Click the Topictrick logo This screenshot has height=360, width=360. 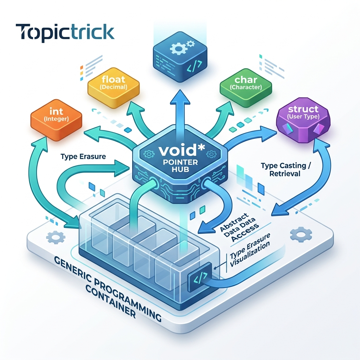pos(65,33)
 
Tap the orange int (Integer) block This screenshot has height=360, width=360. pos(56,120)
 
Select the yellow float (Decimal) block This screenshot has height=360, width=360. pos(114,88)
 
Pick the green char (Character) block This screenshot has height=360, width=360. pos(246,88)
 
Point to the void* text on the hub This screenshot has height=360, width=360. pos(181,150)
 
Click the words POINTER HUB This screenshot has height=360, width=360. pos(180,166)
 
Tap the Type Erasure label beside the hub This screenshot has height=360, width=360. pos(83,156)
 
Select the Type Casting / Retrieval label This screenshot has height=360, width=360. pos(285,169)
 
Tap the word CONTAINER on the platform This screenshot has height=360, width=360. pos(110,303)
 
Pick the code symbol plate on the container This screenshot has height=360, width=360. pos(200,278)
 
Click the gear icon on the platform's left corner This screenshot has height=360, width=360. pos(56,237)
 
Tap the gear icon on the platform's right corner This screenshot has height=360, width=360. pos(301,234)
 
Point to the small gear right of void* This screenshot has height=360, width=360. pos(211,154)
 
